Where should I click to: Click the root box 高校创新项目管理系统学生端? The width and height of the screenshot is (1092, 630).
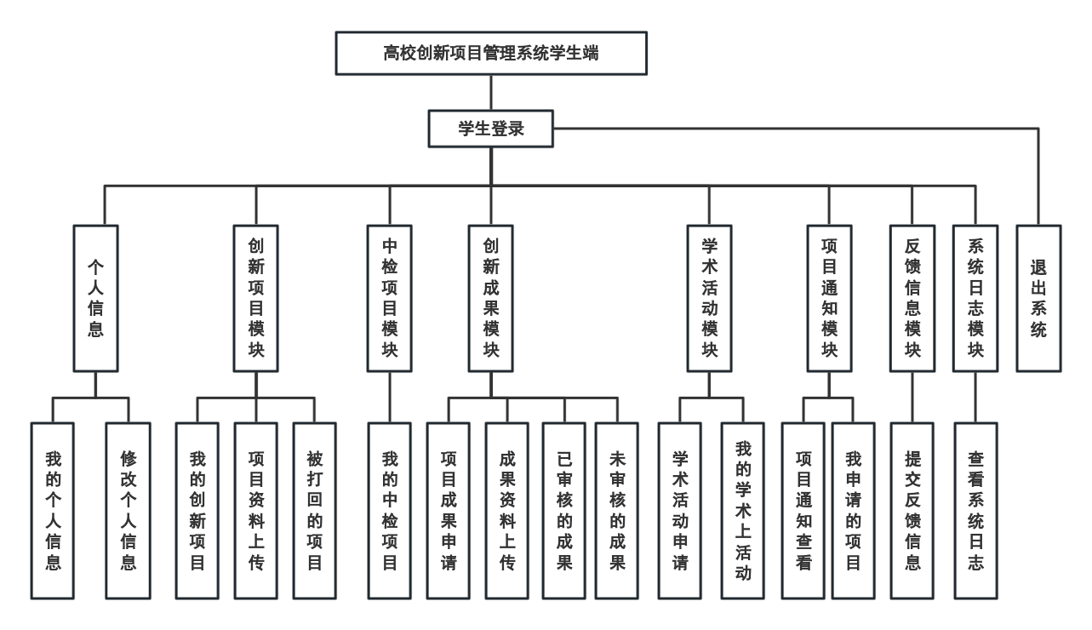coord(491,53)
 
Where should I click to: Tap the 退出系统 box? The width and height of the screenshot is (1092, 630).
coord(1038,298)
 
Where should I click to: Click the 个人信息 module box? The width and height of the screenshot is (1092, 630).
coord(95,298)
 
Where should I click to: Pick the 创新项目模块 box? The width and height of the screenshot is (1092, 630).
coord(255,298)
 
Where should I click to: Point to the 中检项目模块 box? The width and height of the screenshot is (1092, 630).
coord(390,298)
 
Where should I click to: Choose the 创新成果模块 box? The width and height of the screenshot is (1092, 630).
coord(490,298)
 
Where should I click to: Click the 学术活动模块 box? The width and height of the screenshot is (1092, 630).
coord(709,298)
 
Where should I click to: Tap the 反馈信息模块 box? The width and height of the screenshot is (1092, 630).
coord(912,298)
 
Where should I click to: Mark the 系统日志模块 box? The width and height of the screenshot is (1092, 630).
coord(975,298)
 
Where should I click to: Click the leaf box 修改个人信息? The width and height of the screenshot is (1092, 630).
coord(129,511)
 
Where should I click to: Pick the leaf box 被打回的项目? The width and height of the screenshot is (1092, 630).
coord(314,511)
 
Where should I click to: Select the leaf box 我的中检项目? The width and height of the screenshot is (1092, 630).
coord(390,511)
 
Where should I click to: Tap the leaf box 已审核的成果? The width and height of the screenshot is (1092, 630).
coord(564,511)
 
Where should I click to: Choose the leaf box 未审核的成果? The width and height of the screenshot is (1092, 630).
coord(616,511)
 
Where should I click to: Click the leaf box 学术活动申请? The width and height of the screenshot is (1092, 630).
coord(680,511)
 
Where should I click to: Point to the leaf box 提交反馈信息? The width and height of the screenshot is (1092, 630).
coord(912,511)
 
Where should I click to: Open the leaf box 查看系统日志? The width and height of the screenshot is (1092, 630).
coord(975,511)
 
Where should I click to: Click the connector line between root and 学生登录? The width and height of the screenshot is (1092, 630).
coord(491,93)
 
